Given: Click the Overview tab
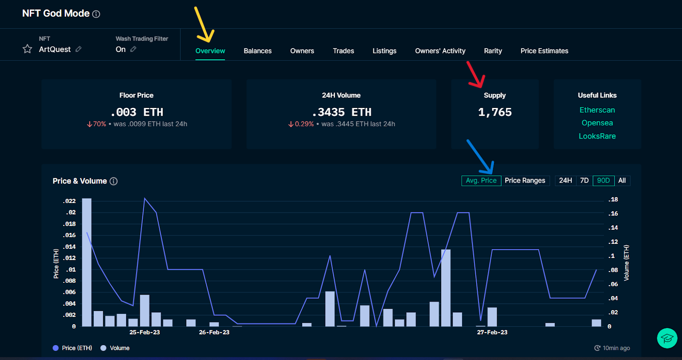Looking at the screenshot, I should tap(210, 51).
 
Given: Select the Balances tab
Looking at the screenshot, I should tap(257, 51).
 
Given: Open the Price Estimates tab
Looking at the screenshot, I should tap(544, 51).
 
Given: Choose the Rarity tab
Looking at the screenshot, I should tap(493, 51).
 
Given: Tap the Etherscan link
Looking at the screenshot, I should tap(597, 110).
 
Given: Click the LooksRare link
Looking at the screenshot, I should tap(597, 136).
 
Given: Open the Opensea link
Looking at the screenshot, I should tap(597, 123).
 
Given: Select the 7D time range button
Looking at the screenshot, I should tap(584, 180).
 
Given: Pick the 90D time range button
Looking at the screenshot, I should tap(603, 180).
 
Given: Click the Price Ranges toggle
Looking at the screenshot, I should tap(525, 180).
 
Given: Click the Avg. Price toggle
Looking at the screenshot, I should tap(481, 180).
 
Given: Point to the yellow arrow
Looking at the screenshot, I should tap(203, 25).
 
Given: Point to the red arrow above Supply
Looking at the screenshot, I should tap(476, 75).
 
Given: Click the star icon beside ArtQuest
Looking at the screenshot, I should tap(27, 49).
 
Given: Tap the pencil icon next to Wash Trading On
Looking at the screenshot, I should tap(133, 49).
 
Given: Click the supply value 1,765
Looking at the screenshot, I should tap(494, 112).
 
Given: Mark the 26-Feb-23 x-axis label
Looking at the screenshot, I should tap(214, 332).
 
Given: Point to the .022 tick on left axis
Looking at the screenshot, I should tap(69, 201).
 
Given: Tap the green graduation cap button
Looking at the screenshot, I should tap(667, 338).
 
